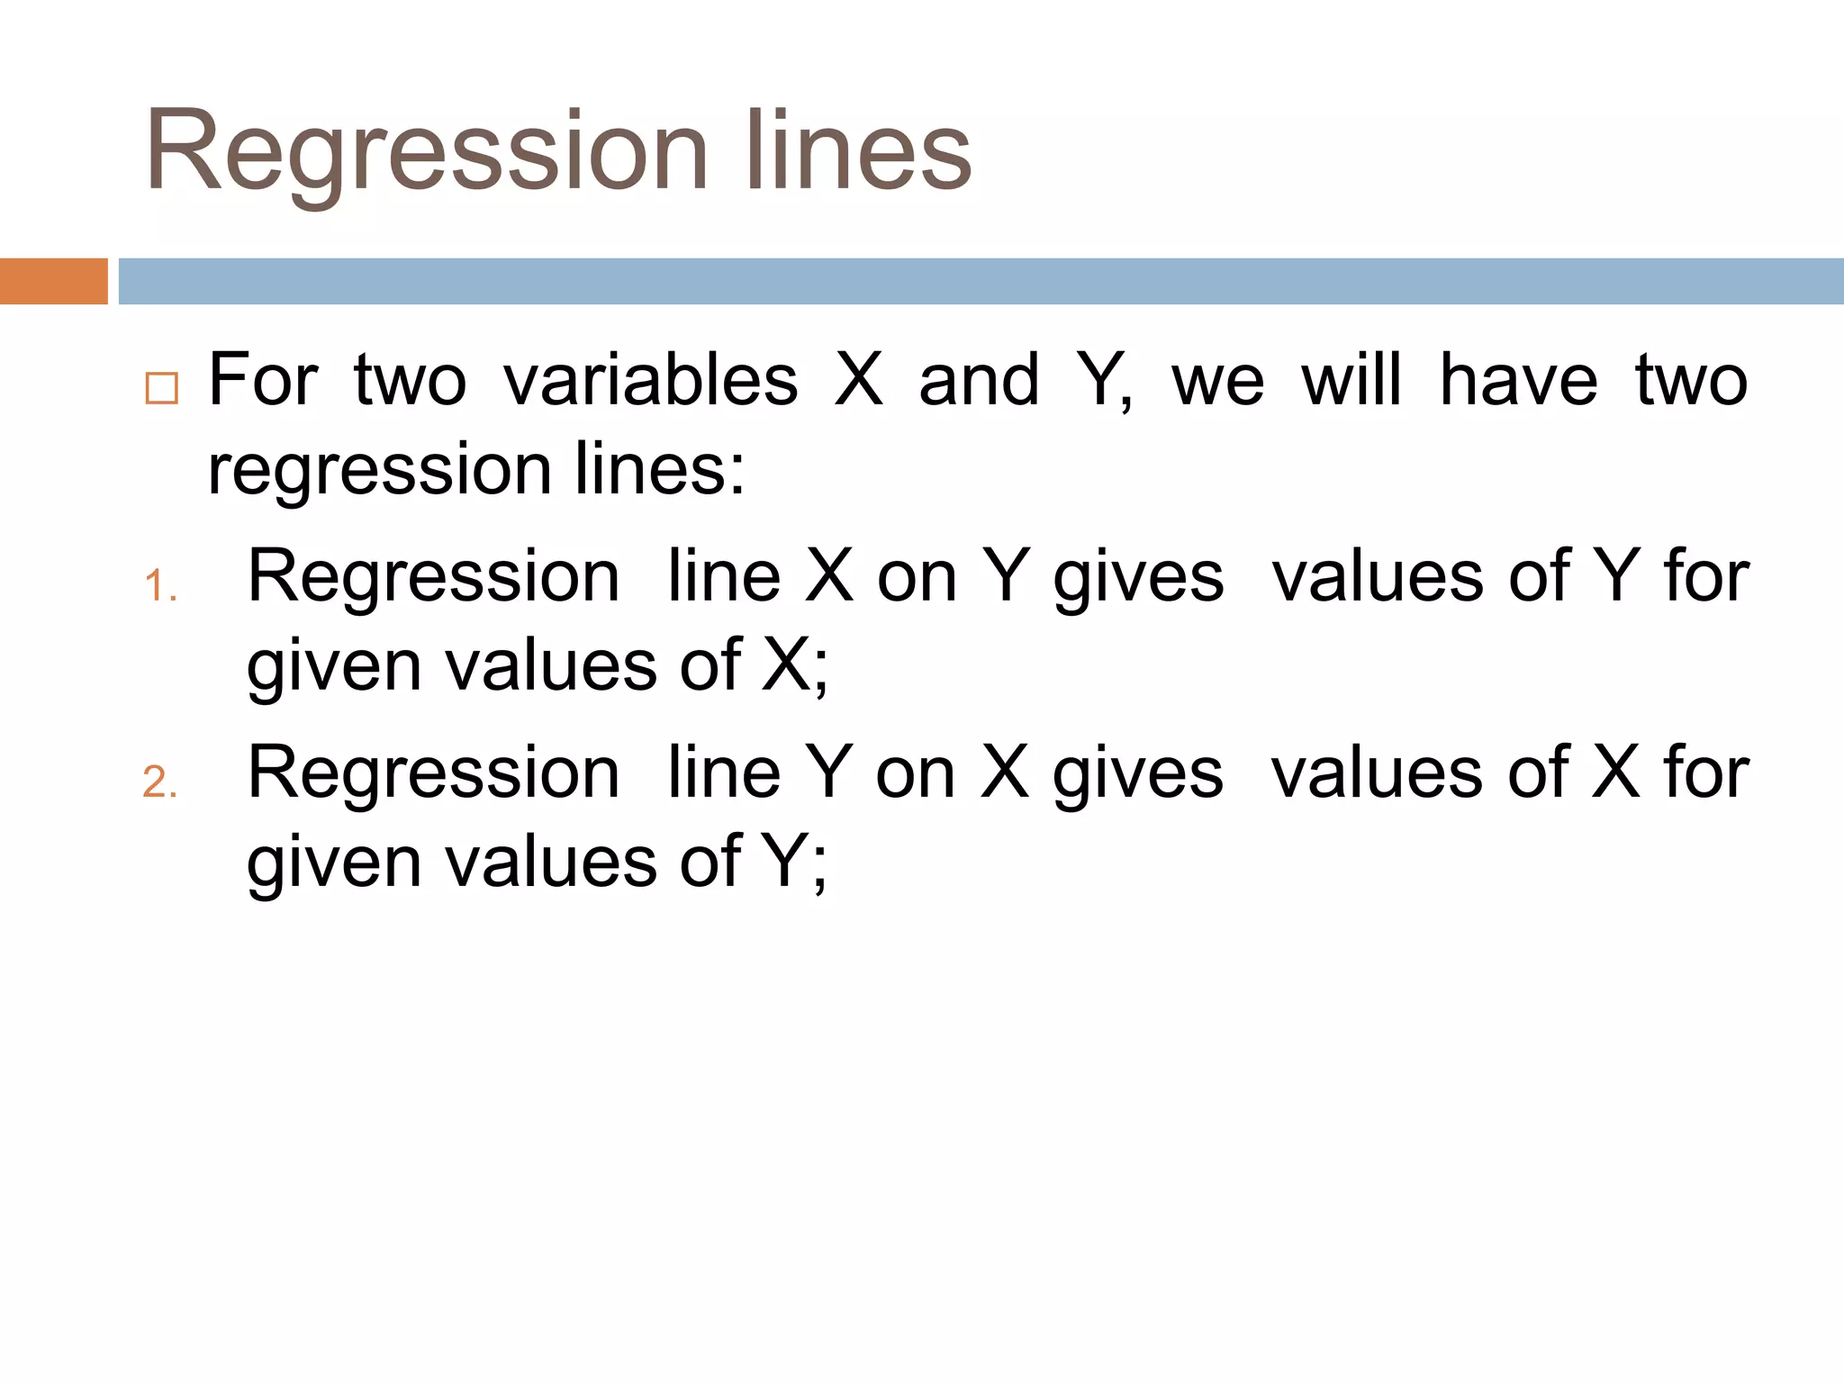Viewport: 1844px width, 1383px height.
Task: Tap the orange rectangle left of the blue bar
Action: coord(53,281)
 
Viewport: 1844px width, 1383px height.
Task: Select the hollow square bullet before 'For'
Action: coord(162,388)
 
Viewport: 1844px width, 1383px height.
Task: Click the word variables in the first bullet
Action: coord(650,381)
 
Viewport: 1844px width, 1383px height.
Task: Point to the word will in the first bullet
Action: coord(1351,379)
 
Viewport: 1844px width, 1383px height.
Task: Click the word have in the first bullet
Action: coord(1518,381)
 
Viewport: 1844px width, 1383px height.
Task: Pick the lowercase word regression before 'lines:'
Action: coord(379,471)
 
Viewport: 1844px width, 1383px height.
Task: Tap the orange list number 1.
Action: coord(159,586)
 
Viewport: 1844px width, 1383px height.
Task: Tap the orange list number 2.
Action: coord(159,782)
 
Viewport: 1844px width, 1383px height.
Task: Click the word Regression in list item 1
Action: coord(433,577)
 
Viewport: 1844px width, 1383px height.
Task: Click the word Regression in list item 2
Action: coord(433,773)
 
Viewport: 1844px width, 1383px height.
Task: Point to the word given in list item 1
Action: coord(334,667)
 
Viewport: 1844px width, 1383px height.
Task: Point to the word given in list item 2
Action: coord(334,863)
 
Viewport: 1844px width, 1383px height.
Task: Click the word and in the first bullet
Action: coord(979,381)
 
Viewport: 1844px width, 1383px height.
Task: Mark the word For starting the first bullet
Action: coord(263,381)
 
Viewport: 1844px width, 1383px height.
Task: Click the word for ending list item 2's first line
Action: coord(1706,773)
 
